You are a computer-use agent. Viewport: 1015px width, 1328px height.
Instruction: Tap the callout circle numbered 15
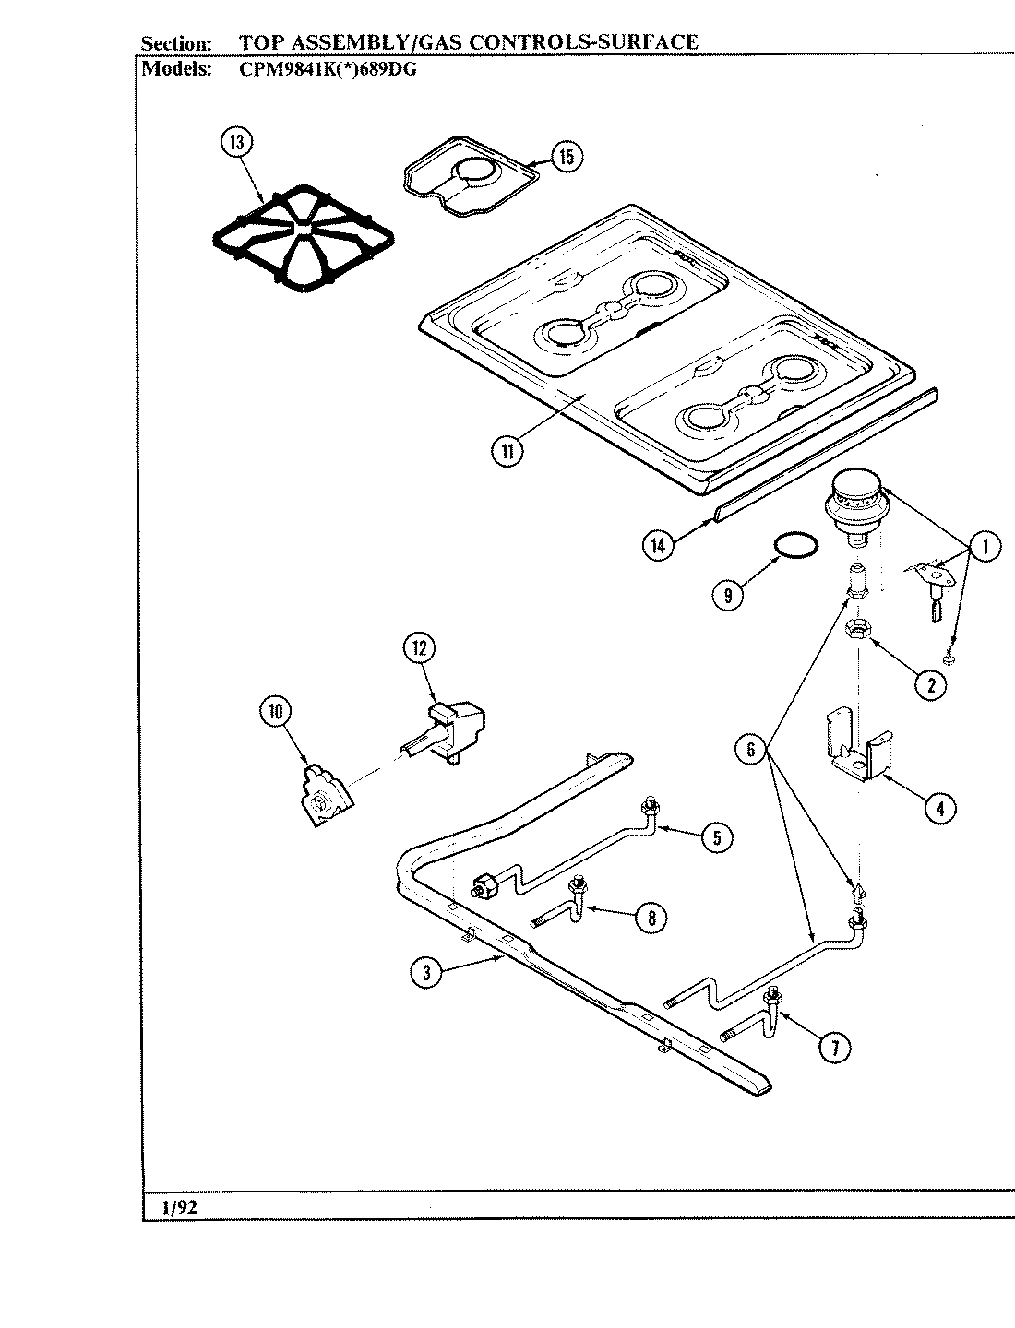[565, 157]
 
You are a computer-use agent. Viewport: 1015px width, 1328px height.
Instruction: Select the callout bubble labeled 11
[507, 452]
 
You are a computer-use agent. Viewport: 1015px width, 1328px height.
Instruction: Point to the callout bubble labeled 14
[658, 545]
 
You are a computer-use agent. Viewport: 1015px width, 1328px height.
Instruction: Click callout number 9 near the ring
[728, 596]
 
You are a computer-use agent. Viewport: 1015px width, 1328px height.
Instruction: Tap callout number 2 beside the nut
[929, 683]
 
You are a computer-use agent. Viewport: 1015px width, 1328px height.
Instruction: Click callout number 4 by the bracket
[938, 809]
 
